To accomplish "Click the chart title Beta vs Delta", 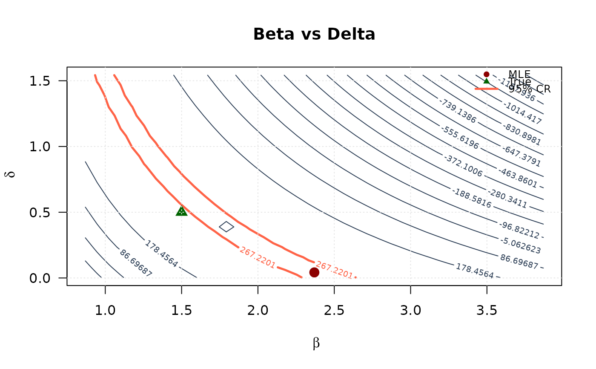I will coord(314,35).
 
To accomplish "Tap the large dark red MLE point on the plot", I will coord(314,272).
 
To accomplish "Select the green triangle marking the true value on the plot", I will coord(182,210).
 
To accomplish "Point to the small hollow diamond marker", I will coord(226,227).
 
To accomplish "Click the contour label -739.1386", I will coord(458,111).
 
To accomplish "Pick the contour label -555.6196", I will coord(460,138).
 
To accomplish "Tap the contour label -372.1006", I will coord(463,166).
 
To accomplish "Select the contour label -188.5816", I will coord(472,199).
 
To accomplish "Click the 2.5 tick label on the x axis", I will coord(334,311).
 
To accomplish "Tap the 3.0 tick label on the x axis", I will coord(410,311).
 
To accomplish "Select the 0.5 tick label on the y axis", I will coord(41,212).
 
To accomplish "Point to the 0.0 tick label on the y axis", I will coord(41,278).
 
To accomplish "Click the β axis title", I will coord(316,343).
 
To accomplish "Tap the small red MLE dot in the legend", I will coord(487,74).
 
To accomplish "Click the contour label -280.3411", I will coord(507,199).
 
